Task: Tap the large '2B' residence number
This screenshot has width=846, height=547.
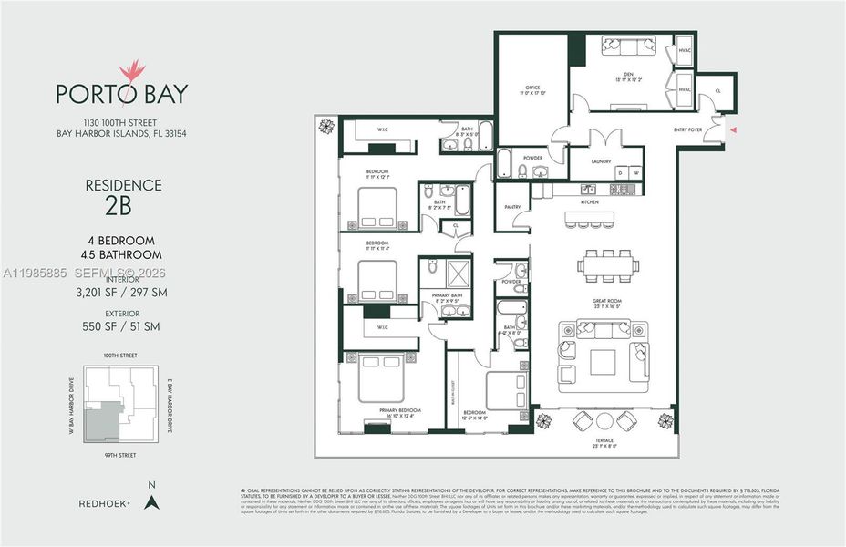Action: [x=122, y=205]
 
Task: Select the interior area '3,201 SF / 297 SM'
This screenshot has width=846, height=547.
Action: [x=122, y=293]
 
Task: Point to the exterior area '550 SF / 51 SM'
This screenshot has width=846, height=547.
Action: [x=122, y=326]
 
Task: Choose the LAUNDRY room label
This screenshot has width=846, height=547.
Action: [x=600, y=161]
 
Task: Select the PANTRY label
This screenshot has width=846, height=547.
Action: [x=512, y=207]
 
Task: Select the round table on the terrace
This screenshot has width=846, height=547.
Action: [x=604, y=420]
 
